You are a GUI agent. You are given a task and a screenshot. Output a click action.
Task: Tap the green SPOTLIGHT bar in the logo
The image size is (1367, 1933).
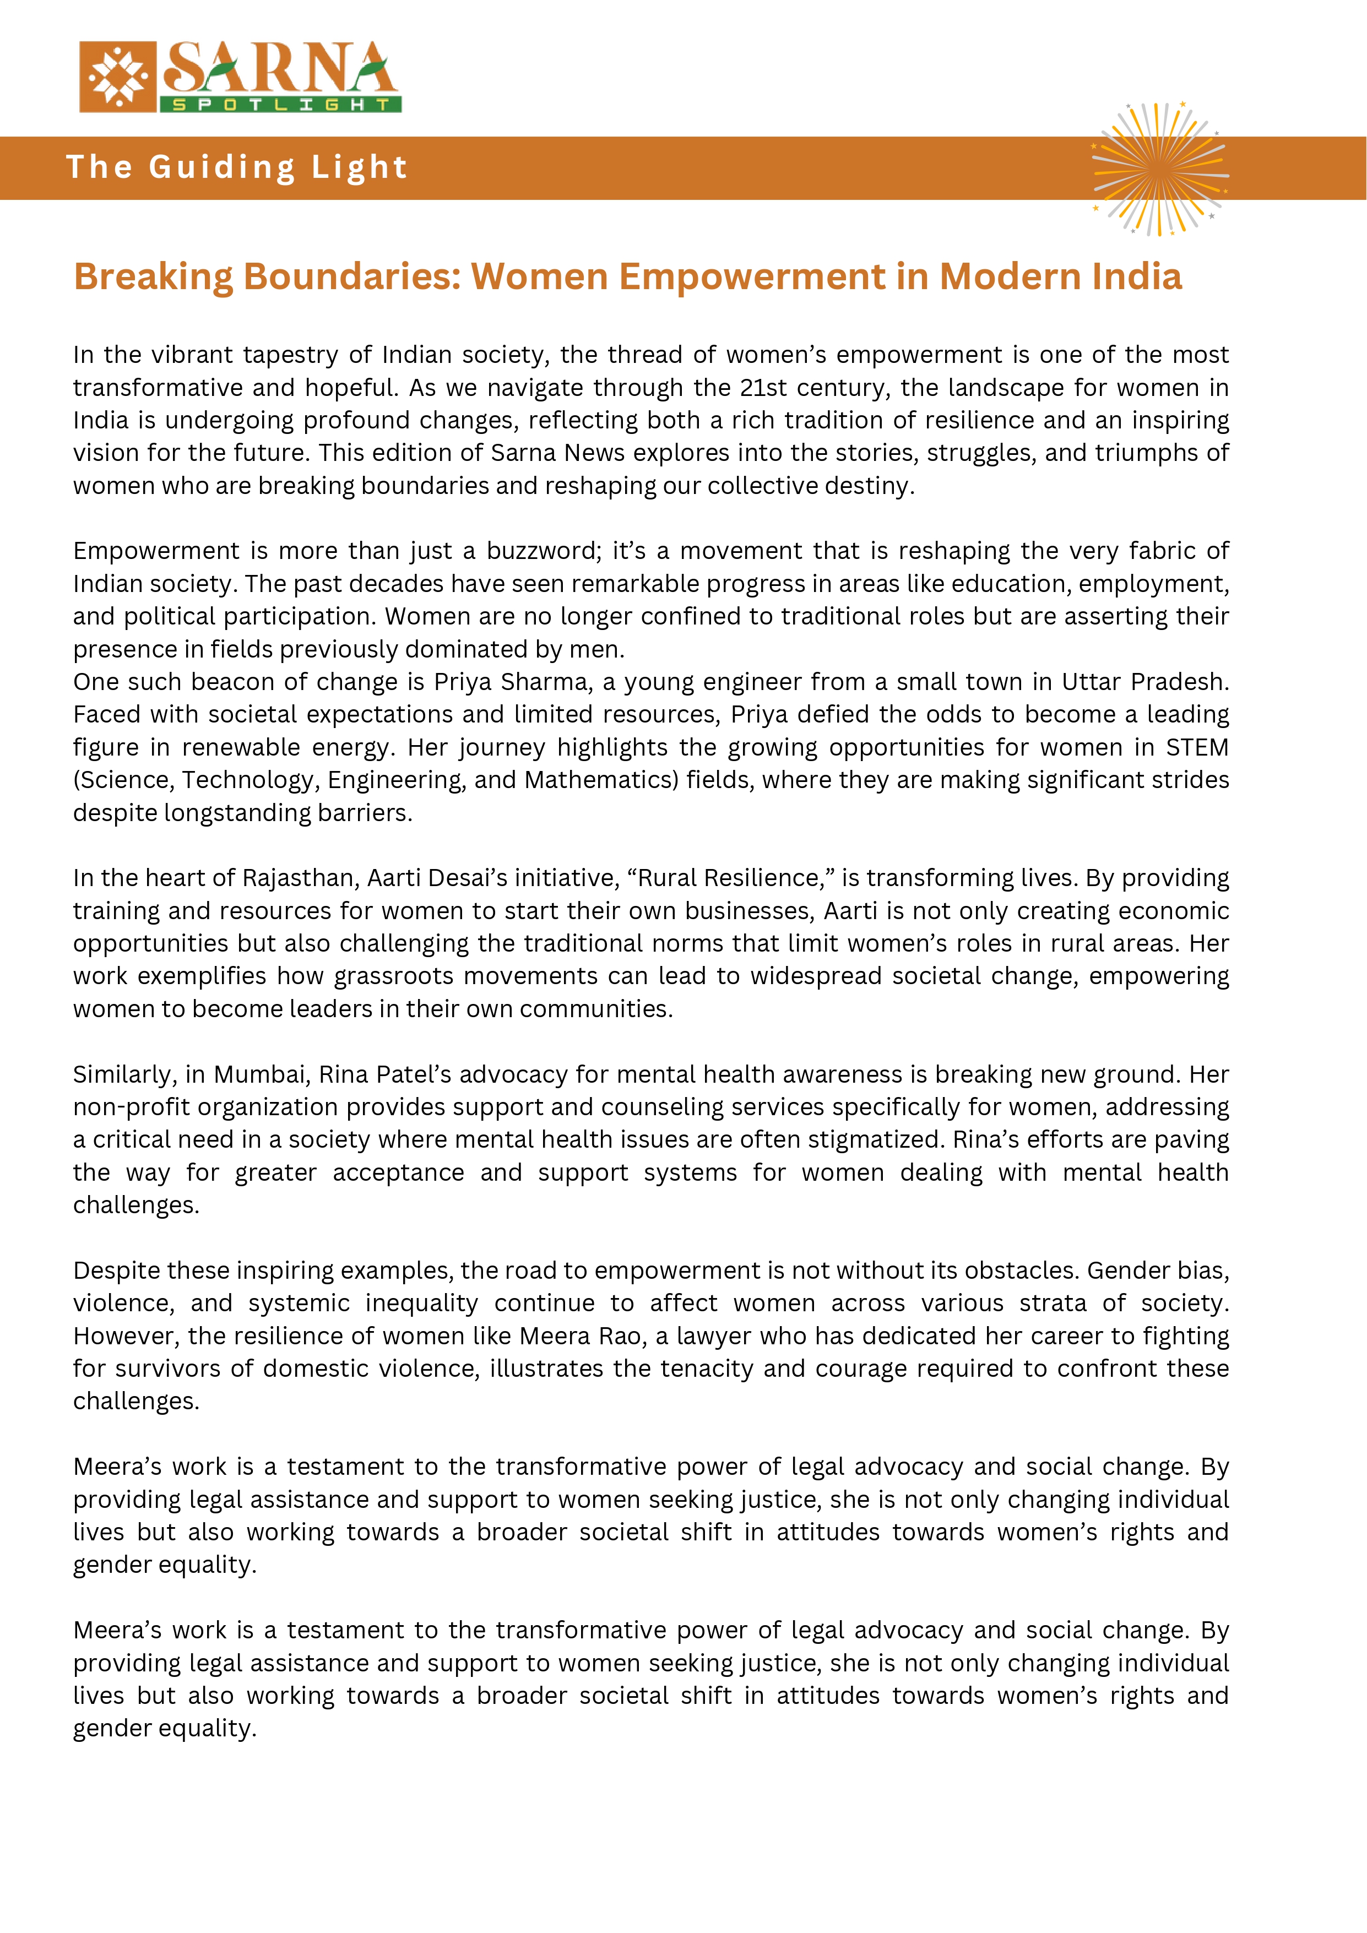tap(280, 105)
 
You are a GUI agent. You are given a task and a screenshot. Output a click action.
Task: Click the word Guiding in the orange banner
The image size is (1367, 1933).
tap(222, 167)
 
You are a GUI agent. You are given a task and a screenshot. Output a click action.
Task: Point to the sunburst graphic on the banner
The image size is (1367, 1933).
tap(1159, 169)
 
